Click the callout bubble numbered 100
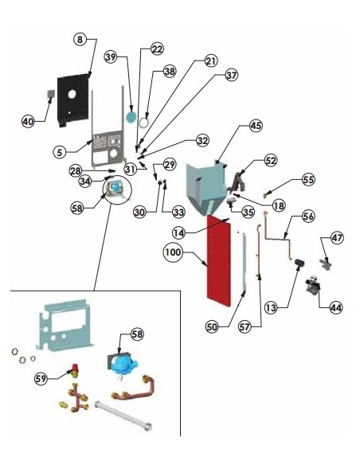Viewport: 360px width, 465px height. tap(173, 252)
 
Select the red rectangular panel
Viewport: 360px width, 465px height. tap(219, 261)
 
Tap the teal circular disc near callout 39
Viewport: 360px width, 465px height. tap(131, 117)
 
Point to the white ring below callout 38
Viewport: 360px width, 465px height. tap(144, 123)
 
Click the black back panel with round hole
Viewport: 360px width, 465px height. tap(73, 100)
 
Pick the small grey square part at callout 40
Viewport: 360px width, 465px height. tap(51, 94)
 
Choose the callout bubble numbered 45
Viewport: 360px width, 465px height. tap(256, 126)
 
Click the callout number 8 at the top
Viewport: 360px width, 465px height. tap(80, 40)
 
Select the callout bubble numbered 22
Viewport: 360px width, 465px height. tap(157, 49)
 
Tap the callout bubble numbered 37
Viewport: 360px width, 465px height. tap(231, 75)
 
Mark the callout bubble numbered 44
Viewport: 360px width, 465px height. tap(336, 308)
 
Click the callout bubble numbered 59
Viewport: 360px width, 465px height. tap(41, 379)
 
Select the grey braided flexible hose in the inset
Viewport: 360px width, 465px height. tap(123, 416)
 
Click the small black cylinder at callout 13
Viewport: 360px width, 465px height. tap(299, 263)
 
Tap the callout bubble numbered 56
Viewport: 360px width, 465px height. tap(308, 217)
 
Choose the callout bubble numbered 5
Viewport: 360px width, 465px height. tap(60, 152)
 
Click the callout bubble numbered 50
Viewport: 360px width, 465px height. tap(212, 327)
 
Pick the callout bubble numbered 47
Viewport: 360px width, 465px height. tap(337, 238)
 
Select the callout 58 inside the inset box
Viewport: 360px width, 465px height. tap(137, 334)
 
